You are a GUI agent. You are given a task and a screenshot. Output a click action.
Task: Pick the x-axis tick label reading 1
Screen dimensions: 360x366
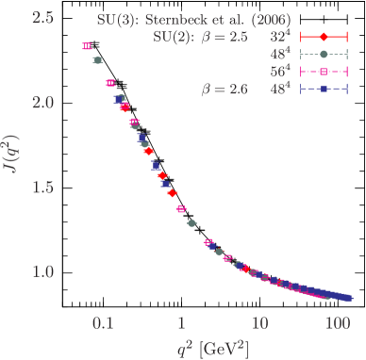[x=182, y=321]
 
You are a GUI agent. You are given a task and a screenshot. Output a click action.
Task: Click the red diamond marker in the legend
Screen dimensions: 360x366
[x=324, y=37]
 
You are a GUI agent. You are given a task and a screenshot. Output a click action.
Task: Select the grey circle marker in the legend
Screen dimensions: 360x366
[x=324, y=54]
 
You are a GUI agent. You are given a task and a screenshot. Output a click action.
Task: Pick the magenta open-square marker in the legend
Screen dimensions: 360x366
[x=324, y=72]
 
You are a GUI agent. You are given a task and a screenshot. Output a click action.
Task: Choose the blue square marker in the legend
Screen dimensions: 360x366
[x=324, y=90]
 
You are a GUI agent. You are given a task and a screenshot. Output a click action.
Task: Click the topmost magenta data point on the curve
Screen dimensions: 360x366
[x=87, y=45]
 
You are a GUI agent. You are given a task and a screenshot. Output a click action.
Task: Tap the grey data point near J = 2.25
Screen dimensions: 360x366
[x=97, y=60]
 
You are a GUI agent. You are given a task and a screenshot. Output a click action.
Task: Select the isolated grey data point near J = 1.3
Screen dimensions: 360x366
[x=191, y=223]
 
